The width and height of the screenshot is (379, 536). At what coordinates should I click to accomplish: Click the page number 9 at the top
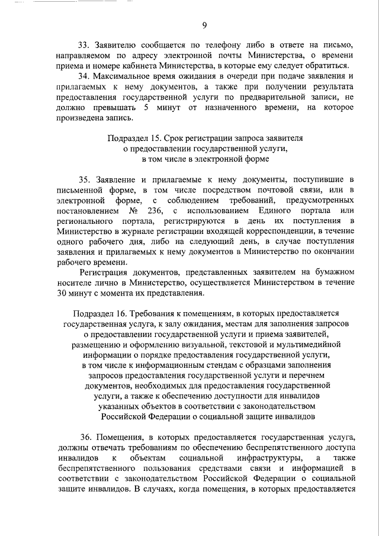pyautogui.click(x=204, y=25)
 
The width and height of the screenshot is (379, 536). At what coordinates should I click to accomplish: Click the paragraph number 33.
pyautogui.click(x=85, y=45)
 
